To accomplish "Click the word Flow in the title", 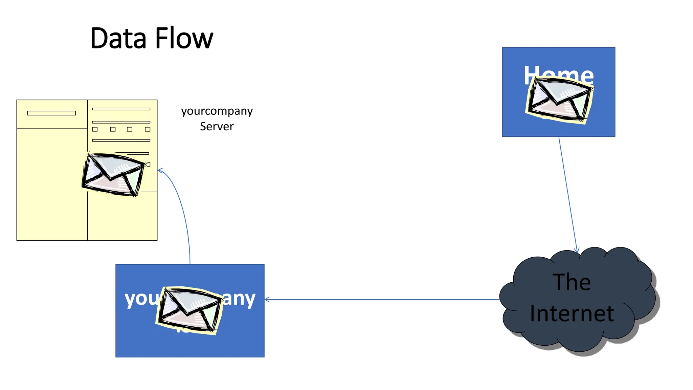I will tap(184, 38).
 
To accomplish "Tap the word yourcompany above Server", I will tap(217, 111).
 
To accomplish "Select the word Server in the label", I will tap(217, 127).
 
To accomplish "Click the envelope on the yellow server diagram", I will tap(113, 175).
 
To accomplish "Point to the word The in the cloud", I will tap(572, 282).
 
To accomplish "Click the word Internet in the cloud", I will tap(572, 313).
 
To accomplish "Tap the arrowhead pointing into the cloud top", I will tap(577, 251).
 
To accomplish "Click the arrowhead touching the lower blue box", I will tap(267, 299).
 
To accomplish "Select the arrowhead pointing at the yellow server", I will tap(160, 170).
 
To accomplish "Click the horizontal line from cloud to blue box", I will tap(382, 299).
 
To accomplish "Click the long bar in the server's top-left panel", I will tap(51, 113).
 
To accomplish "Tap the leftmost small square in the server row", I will tap(95, 129).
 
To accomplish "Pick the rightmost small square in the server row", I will tap(148, 129).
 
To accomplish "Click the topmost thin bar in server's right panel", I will tap(121, 109).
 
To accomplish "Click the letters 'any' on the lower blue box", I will tap(239, 299).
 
